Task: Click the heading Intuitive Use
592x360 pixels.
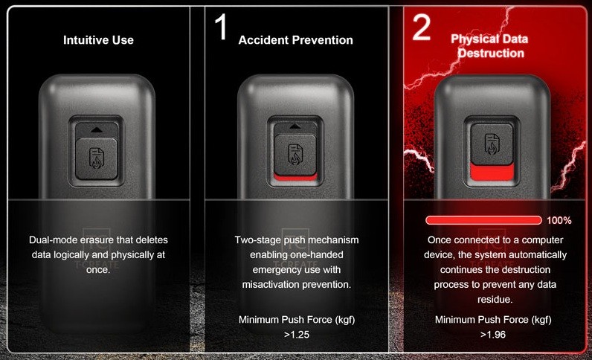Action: pyautogui.click(x=98, y=40)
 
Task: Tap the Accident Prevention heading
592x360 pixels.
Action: pyautogui.click(x=295, y=40)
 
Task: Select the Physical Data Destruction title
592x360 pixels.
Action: pyautogui.click(x=489, y=45)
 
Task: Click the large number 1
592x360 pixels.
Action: pyautogui.click(x=221, y=27)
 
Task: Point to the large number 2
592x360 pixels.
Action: pyautogui.click(x=422, y=27)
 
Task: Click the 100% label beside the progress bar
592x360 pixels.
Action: pyautogui.click(x=559, y=220)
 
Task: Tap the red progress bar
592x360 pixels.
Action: pyautogui.click(x=483, y=220)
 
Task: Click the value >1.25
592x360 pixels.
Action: pyautogui.click(x=297, y=335)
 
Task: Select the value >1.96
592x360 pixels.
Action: pyautogui.click(x=493, y=335)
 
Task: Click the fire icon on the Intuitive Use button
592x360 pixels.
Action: pyautogui.click(x=96, y=158)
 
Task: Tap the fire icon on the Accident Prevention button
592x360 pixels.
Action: pyautogui.click(x=295, y=154)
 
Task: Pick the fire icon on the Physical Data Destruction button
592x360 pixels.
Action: pyautogui.click(x=492, y=144)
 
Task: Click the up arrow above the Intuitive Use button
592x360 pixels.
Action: pyautogui.click(x=97, y=130)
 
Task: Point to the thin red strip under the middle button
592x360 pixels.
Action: pyautogui.click(x=295, y=177)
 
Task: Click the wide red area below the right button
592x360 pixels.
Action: pyautogui.click(x=492, y=172)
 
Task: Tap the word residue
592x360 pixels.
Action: pyautogui.click(x=495, y=300)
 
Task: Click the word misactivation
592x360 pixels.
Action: pyautogui.click(x=268, y=284)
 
